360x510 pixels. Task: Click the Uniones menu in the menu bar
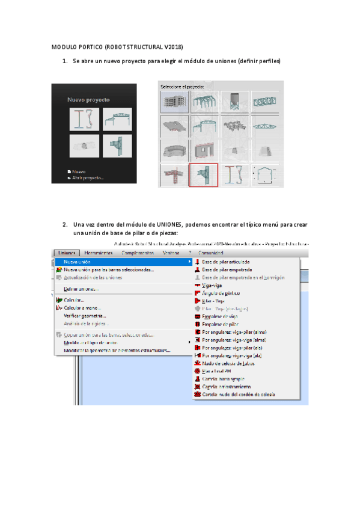tap(66, 253)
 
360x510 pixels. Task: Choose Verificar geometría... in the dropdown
tap(85, 315)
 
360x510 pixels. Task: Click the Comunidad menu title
tap(210, 253)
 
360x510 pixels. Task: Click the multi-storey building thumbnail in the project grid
tap(174, 102)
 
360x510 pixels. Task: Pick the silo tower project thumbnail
tap(234, 102)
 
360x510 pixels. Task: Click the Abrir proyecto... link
tap(88, 177)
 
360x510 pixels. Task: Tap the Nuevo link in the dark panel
tap(79, 171)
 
